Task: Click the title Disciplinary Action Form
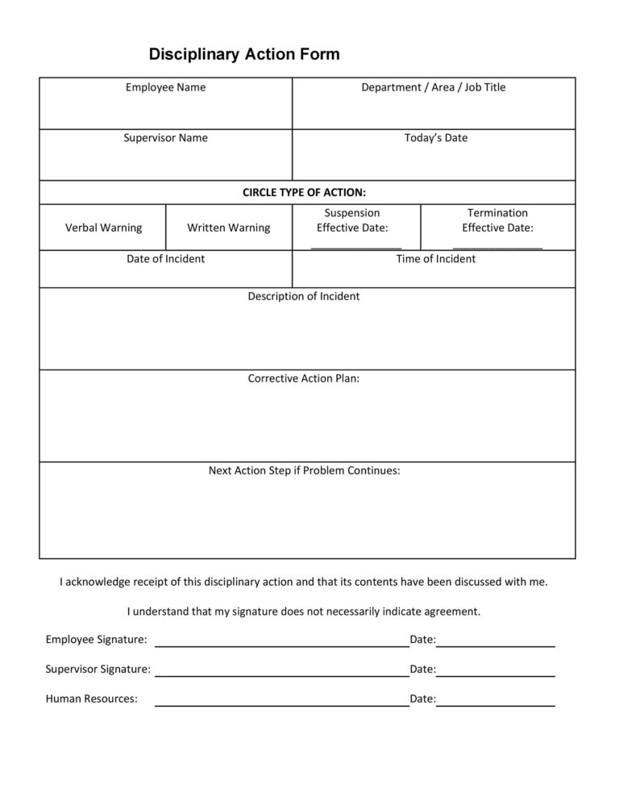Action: pyautogui.click(x=244, y=55)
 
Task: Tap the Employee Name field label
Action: pyautogui.click(x=165, y=87)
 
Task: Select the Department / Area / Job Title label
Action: pyautogui.click(x=433, y=87)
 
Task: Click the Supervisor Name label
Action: pyautogui.click(x=165, y=138)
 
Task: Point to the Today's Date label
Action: pyautogui.click(x=435, y=138)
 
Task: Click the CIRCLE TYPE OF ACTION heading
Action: pyautogui.click(x=304, y=192)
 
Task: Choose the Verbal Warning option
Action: pyautogui.click(x=103, y=228)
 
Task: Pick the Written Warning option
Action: pyautogui.click(x=229, y=228)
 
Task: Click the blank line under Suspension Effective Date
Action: pyautogui.click(x=355, y=246)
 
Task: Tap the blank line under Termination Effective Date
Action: pyautogui.click(x=497, y=246)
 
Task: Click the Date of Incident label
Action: pyautogui.click(x=165, y=259)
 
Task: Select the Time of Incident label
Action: pyautogui.click(x=435, y=259)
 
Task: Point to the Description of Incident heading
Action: pyautogui.click(x=304, y=296)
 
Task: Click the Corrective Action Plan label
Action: pyautogui.click(x=304, y=378)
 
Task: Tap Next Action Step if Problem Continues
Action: pyautogui.click(x=304, y=470)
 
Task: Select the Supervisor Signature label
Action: pyautogui.click(x=98, y=669)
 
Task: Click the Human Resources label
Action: pyautogui.click(x=91, y=699)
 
